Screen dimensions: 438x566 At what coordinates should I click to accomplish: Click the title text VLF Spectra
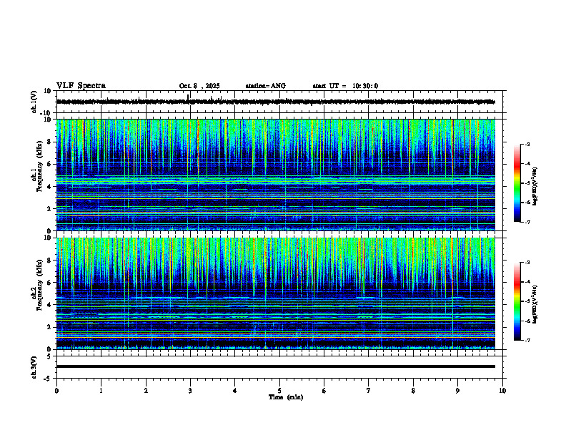tap(81, 85)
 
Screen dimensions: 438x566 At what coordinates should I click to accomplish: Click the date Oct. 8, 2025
tap(199, 86)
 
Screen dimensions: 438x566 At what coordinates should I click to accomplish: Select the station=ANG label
tap(265, 86)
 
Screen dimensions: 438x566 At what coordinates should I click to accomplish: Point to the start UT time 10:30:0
tap(345, 86)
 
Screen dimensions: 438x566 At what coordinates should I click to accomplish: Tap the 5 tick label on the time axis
tap(279, 390)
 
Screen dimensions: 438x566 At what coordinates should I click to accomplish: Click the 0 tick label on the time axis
tap(56, 390)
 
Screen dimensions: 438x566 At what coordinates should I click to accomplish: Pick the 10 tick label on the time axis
tap(502, 390)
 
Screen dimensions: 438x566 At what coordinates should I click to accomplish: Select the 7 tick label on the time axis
tap(369, 390)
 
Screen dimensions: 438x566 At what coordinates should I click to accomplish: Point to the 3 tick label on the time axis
tap(190, 390)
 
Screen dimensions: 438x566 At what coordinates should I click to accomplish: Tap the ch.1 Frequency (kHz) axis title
tap(36, 175)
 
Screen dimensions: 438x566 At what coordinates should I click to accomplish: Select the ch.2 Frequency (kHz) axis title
tap(36, 293)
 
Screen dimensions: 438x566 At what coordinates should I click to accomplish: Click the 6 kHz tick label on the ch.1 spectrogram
tap(50, 165)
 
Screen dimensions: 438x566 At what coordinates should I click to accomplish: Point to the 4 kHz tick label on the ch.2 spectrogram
tap(50, 305)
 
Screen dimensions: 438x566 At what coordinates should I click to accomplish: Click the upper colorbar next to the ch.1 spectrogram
tap(522, 183)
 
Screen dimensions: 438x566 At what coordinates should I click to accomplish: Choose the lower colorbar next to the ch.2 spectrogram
tap(522, 301)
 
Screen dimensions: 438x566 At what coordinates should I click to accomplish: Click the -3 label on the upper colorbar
tap(528, 145)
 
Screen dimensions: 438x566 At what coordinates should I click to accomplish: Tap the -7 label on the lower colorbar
tap(528, 341)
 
